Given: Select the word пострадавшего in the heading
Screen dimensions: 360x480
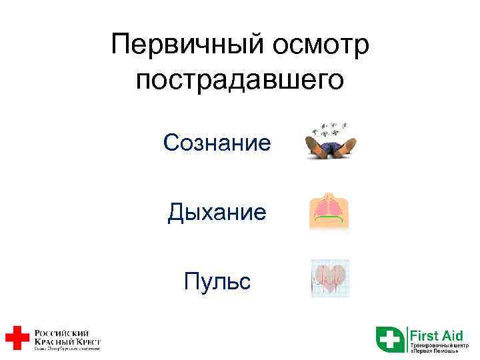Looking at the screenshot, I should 240,79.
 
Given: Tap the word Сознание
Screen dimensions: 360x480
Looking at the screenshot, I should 217,142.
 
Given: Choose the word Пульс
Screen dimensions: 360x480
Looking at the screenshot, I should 217,281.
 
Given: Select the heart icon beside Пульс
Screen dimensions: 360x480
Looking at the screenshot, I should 330,279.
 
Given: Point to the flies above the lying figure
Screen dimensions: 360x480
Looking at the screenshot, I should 333,127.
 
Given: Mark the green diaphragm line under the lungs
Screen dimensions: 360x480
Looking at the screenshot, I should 329,220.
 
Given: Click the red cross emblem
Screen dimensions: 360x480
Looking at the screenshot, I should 17,337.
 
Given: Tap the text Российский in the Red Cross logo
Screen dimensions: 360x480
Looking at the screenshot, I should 62,332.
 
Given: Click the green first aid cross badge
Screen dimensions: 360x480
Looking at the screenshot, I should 390,338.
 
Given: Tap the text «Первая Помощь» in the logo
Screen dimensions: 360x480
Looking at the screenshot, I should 434,351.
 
